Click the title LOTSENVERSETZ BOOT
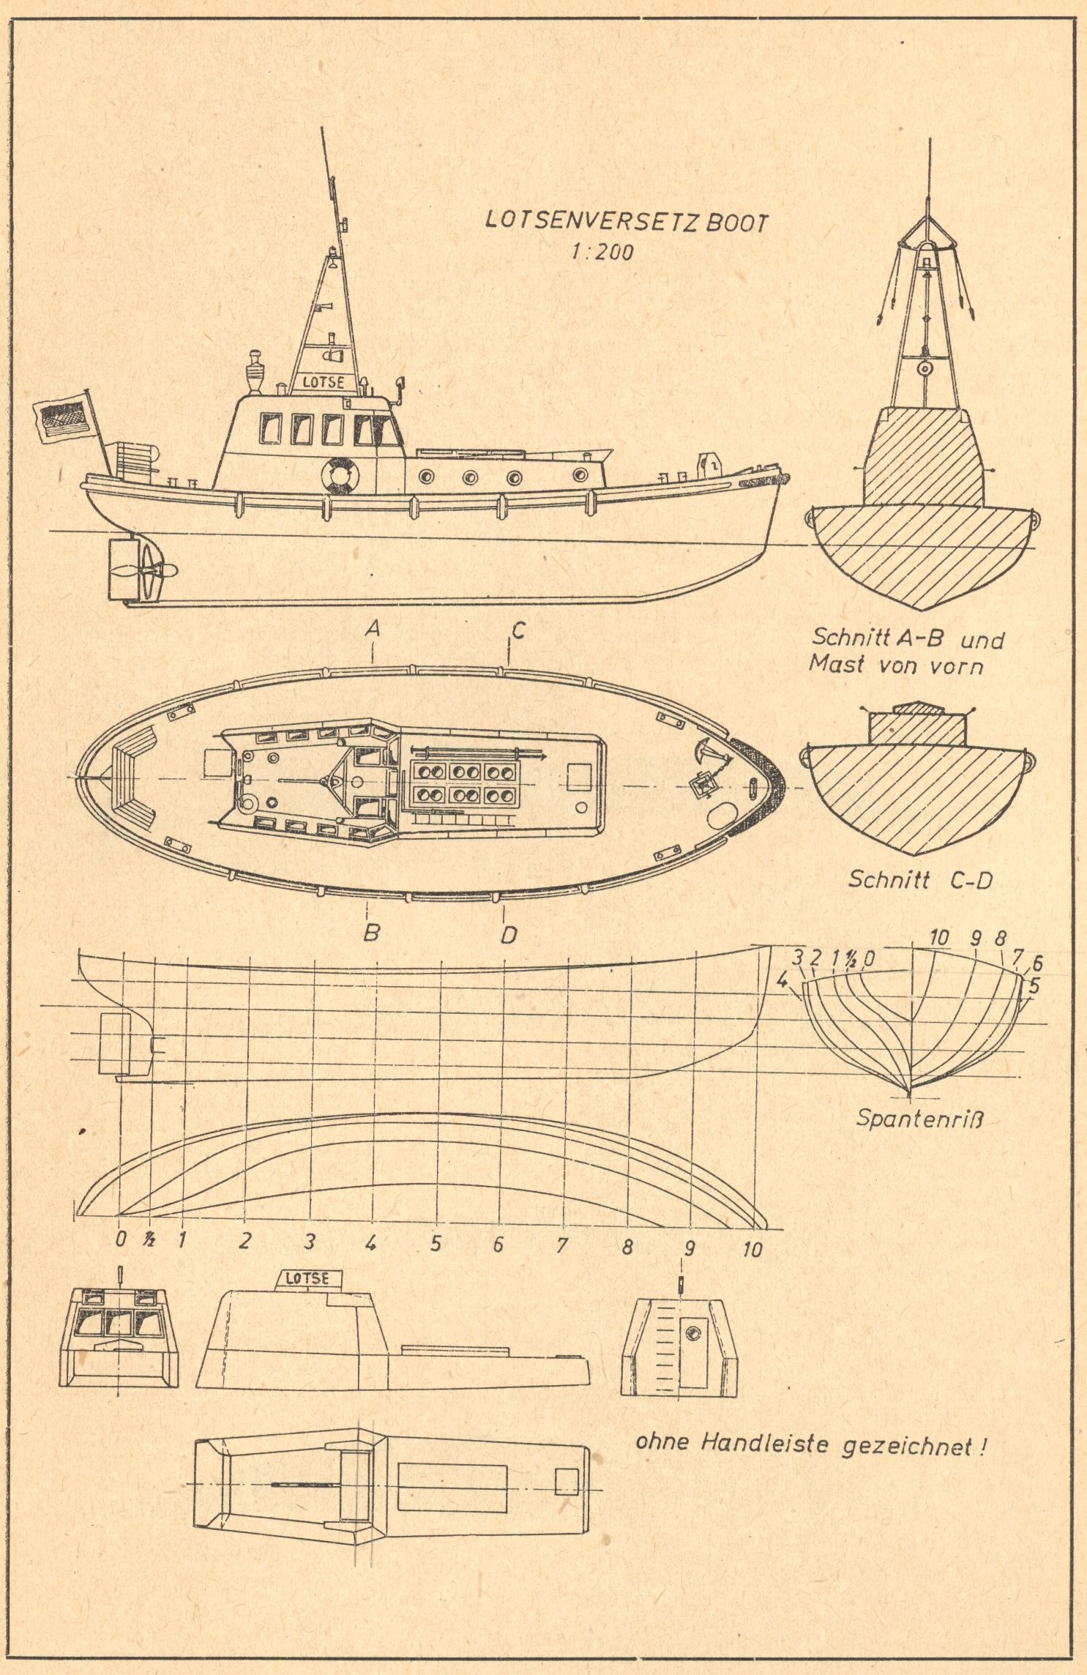coord(627,221)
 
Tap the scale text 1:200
coord(602,253)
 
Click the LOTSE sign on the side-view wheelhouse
coord(323,382)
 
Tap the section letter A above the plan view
coord(373,628)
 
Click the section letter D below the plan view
coord(508,935)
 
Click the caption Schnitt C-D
coord(919,879)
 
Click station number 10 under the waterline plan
coord(752,1249)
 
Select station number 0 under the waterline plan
coord(121,1239)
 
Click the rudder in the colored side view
coord(119,570)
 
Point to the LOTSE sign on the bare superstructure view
coord(307,1278)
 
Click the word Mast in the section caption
coord(837,664)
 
